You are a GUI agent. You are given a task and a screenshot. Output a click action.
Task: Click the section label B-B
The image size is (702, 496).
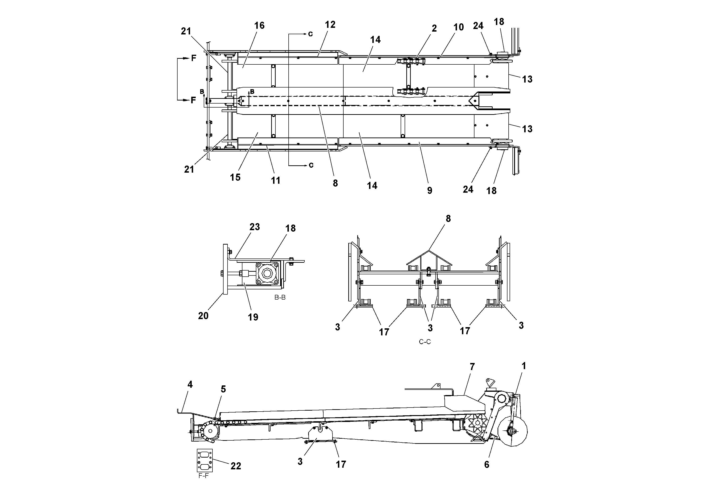(x=280, y=297)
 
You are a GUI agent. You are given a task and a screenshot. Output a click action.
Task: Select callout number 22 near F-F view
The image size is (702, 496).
(x=236, y=466)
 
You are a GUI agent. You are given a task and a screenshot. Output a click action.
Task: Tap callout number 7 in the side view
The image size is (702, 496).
(x=472, y=367)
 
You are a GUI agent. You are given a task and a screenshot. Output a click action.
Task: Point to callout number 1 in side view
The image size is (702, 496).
(x=523, y=366)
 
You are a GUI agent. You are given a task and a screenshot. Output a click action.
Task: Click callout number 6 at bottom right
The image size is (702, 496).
(x=486, y=464)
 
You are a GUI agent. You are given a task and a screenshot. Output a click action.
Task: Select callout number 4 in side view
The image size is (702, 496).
(x=190, y=384)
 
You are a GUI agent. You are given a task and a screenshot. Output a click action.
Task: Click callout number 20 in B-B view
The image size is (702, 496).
(x=203, y=316)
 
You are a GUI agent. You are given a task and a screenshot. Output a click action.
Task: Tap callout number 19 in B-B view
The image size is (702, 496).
(x=253, y=317)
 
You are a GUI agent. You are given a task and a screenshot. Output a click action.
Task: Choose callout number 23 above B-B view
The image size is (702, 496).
(x=254, y=227)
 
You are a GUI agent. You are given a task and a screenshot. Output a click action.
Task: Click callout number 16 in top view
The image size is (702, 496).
(x=259, y=25)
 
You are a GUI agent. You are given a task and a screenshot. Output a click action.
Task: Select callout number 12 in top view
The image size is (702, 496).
(x=330, y=25)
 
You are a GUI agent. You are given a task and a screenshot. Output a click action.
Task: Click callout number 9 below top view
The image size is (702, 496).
(x=430, y=191)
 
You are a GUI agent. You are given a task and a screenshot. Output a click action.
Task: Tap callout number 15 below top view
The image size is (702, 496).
(x=235, y=177)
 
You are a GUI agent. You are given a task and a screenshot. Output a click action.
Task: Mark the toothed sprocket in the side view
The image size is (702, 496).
(x=477, y=424)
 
